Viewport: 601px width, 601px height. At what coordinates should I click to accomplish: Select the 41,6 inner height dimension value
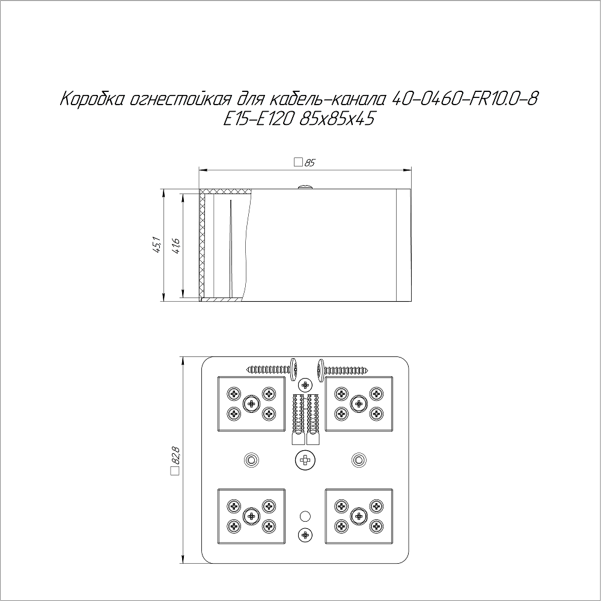pos(176,245)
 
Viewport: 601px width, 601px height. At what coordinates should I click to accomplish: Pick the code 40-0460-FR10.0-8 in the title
pos(465,99)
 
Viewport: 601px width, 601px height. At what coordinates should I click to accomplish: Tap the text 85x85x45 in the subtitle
pos(337,120)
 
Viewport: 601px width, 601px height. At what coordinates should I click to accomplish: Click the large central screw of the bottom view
pos(305,459)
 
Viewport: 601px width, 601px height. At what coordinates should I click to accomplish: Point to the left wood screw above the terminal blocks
pos(272,370)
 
